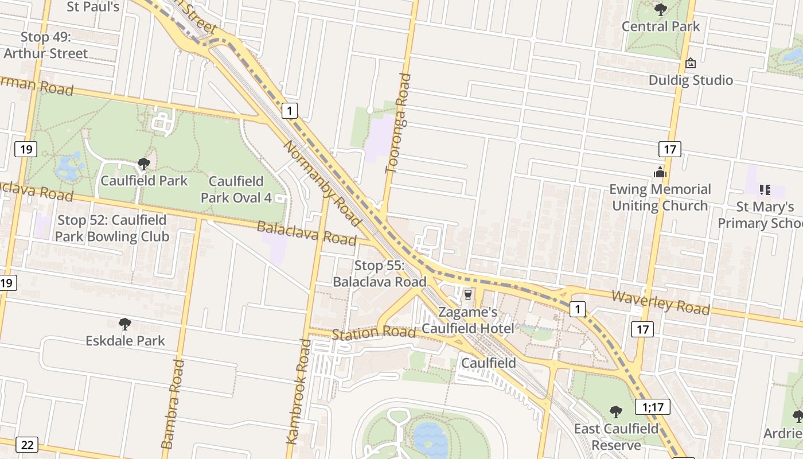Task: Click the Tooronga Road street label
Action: click(x=399, y=123)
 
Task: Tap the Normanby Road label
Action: click(x=322, y=183)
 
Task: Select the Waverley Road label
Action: click(x=661, y=302)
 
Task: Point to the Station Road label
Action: click(x=373, y=333)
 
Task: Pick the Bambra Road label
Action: click(x=173, y=403)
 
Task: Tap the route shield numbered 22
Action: click(x=27, y=445)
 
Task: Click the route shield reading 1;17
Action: click(x=653, y=407)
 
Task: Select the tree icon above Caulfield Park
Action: click(x=143, y=164)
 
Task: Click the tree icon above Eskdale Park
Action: click(x=124, y=324)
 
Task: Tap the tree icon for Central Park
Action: click(x=661, y=9)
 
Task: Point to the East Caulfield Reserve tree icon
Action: click(x=616, y=411)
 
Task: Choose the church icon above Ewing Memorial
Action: click(x=660, y=172)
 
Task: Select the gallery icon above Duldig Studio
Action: click(x=691, y=63)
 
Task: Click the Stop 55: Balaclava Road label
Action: click(x=380, y=274)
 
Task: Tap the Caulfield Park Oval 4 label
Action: click(x=236, y=189)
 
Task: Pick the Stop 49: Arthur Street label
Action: click(x=46, y=45)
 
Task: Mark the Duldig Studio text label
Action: click(x=691, y=80)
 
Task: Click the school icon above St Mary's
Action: click(x=765, y=189)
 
